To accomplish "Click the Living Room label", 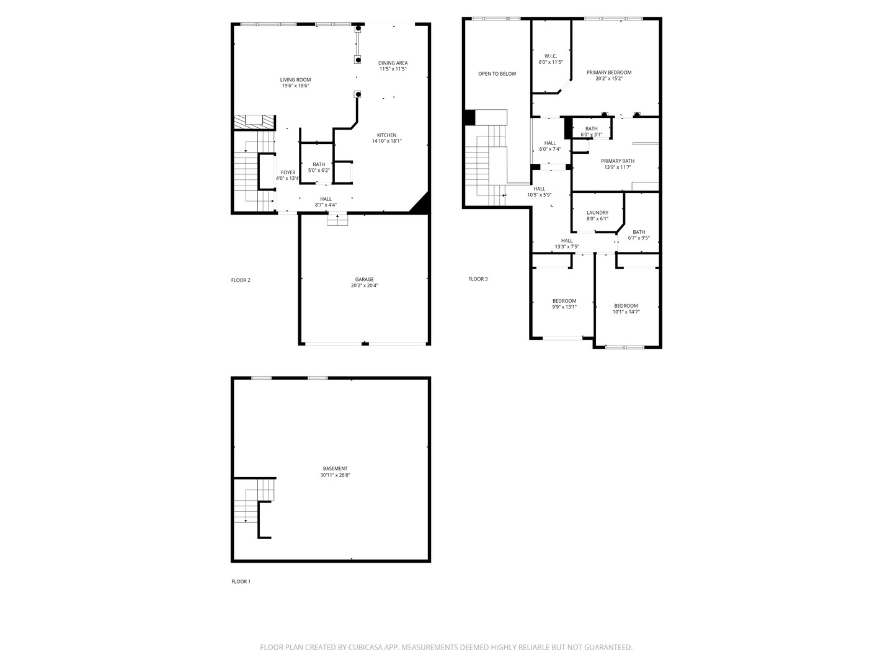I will pyautogui.click(x=295, y=80).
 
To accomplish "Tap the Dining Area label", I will pyautogui.click(x=393, y=63).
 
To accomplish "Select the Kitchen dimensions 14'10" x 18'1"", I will pyautogui.click(x=386, y=141).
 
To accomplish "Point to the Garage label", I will pyautogui.click(x=364, y=280).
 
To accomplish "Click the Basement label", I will pyautogui.click(x=335, y=469).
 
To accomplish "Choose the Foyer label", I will pyautogui.click(x=288, y=172).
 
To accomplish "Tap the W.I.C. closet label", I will pyautogui.click(x=550, y=56).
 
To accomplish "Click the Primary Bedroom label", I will pyautogui.click(x=609, y=73).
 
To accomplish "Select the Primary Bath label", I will pyautogui.click(x=617, y=161).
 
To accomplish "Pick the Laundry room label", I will pyautogui.click(x=597, y=213).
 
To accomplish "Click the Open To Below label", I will pyautogui.click(x=497, y=74).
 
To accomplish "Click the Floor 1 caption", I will pyautogui.click(x=241, y=582).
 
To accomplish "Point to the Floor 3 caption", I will pyautogui.click(x=478, y=279).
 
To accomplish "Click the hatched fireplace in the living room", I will pyautogui.click(x=253, y=121).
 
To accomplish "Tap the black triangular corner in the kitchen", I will pyautogui.click(x=422, y=204).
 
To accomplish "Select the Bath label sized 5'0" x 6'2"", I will pyautogui.click(x=319, y=164).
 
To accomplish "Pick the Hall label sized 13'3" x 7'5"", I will pyautogui.click(x=567, y=241).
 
